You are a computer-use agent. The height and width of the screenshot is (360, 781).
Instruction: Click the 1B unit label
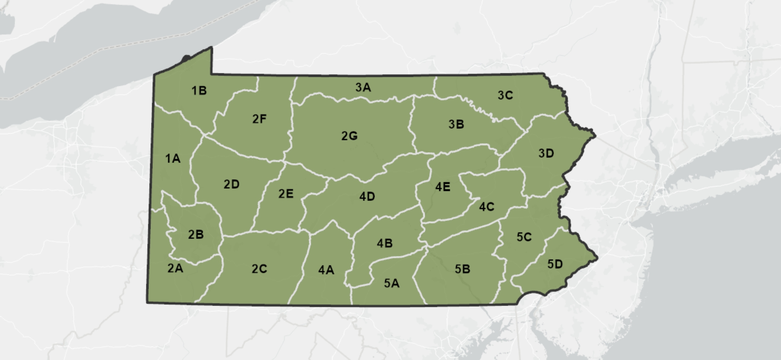pyautogui.click(x=199, y=90)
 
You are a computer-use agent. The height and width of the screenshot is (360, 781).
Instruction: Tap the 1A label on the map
pyautogui.click(x=173, y=158)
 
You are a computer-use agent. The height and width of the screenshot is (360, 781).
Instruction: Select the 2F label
pyautogui.click(x=259, y=119)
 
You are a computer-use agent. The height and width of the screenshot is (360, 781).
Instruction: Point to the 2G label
pyautogui.click(x=350, y=136)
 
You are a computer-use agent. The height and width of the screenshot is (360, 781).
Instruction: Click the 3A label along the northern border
pyautogui.click(x=363, y=87)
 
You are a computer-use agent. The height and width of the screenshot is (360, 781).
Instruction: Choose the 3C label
pyautogui.click(x=505, y=95)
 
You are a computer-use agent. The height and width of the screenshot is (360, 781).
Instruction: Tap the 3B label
pyautogui.click(x=456, y=124)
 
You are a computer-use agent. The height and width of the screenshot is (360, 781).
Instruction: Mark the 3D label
pyautogui.click(x=546, y=153)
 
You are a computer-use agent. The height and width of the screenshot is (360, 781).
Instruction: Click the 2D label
pyautogui.click(x=231, y=184)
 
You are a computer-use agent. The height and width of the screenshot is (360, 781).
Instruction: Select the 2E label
pyautogui.click(x=286, y=193)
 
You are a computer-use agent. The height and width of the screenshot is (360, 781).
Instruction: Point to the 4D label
pyautogui.click(x=367, y=197)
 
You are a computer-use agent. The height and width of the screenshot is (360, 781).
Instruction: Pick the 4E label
pyautogui.click(x=443, y=187)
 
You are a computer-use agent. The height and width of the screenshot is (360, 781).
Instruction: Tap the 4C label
pyautogui.click(x=487, y=207)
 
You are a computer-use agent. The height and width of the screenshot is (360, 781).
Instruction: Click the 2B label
pyautogui.click(x=196, y=234)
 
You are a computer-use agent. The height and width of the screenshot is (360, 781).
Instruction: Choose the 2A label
pyautogui.click(x=175, y=268)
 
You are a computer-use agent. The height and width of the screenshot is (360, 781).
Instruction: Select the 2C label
pyautogui.click(x=259, y=269)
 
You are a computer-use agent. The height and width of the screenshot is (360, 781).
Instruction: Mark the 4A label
pyautogui.click(x=326, y=270)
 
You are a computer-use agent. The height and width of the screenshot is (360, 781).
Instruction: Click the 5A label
pyautogui.click(x=392, y=283)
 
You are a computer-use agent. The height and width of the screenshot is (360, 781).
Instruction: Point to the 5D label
pyautogui.click(x=555, y=264)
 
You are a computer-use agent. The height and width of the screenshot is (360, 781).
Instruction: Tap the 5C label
pyautogui.click(x=524, y=237)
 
